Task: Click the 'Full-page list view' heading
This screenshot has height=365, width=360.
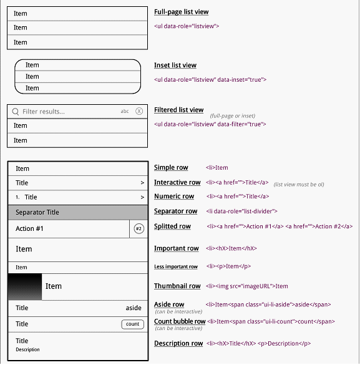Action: pyautogui.click(x=181, y=12)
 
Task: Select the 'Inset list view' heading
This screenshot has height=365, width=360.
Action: pyautogui.click(x=175, y=65)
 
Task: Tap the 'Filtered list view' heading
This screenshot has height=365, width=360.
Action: pyautogui.click(x=178, y=110)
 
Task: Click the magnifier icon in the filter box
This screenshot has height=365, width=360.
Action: pyautogui.click(x=15, y=112)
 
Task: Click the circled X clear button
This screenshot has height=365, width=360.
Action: pyautogui.click(x=139, y=112)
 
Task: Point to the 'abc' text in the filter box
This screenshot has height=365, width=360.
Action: pyautogui.click(x=125, y=112)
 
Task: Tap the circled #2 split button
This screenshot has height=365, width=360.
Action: pyautogui.click(x=139, y=229)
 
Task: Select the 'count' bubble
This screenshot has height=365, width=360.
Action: pyautogui.click(x=132, y=324)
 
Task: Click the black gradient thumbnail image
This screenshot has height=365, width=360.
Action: pyautogui.click(x=25, y=286)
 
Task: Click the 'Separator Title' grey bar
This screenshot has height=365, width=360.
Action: pyautogui.click(x=77, y=212)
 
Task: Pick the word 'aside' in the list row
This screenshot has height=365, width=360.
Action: pyautogui.click(x=134, y=308)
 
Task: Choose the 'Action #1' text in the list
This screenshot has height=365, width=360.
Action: pyautogui.click(x=29, y=229)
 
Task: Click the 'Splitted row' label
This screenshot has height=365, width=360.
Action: pyautogui.click(x=172, y=226)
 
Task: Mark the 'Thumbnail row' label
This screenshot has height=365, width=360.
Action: pyautogui.click(x=177, y=286)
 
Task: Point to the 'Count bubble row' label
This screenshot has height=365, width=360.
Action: pyautogui.click(x=180, y=321)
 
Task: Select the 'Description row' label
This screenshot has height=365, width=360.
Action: pyautogui.click(x=178, y=343)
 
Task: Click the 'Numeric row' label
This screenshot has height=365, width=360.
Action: pyautogui.click(x=174, y=197)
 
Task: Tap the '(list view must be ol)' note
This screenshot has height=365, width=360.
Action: pyautogui.click(x=299, y=185)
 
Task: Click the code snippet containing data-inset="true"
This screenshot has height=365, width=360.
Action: pyautogui.click(x=210, y=79)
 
